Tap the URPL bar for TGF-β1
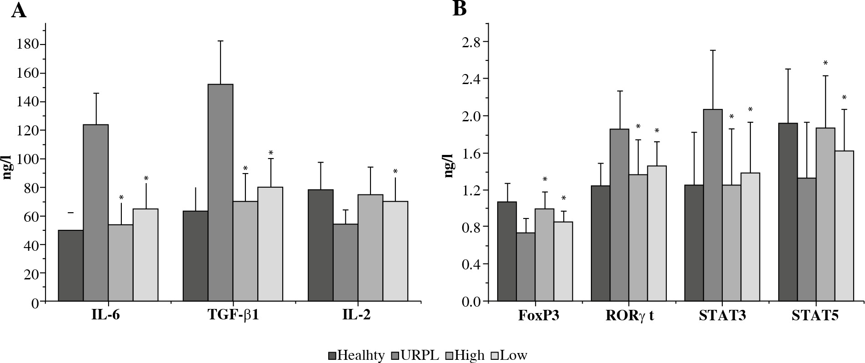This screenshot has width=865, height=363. [220, 193]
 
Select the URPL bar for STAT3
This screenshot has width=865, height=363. [713, 205]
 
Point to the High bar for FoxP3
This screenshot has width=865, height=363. [544, 254]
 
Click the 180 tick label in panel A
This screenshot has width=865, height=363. [28, 45]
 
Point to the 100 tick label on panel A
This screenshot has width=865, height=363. [28, 159]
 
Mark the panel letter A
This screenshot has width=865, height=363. [19, 10]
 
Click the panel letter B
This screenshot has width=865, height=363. [460, 8]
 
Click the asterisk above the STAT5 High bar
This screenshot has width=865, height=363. [825, 63]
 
